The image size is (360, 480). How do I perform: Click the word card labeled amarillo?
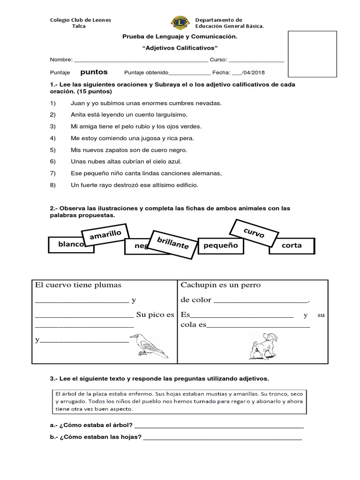pyautogui.click(x=105, y=236)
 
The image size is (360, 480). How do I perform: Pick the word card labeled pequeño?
pyautogui.click(x=221, y=246)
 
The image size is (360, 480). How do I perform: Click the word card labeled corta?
pyautogui.click(x=292, y=246)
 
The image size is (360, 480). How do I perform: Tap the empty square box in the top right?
pyautogui.click(x=312, y=54)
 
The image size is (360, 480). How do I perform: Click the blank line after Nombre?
pyautogui.click(x=141, y=60)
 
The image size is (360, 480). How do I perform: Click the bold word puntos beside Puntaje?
pyautogui.click(x=94, y=72)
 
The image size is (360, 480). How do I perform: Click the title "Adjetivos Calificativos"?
pyautogui.click(x=180, y=48)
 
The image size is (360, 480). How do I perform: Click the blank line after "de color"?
pyautogui.click(x=261, y=301)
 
